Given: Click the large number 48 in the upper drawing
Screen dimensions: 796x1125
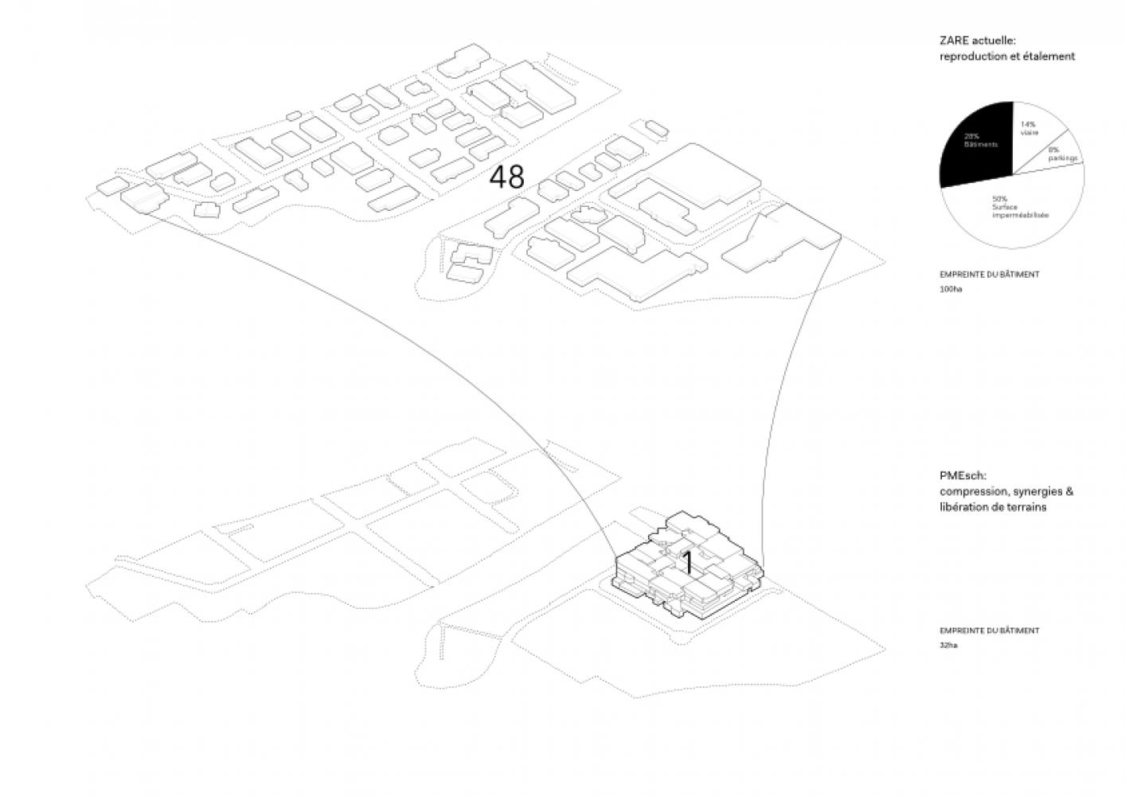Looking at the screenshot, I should coord(506,177).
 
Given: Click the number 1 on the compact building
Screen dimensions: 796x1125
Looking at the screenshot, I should coord(687,563).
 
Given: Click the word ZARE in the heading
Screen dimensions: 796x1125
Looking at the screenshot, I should coord(952,41).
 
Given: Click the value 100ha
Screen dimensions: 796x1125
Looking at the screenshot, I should coord(951,289).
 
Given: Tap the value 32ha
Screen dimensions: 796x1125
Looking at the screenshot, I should coord(948,646).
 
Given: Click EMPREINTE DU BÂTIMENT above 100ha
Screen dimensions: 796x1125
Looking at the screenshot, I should coord(989,275).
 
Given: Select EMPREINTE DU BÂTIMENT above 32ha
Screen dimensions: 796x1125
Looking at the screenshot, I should coord(989,630).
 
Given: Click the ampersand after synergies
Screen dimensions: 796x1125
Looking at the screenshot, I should coord(1068,491).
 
